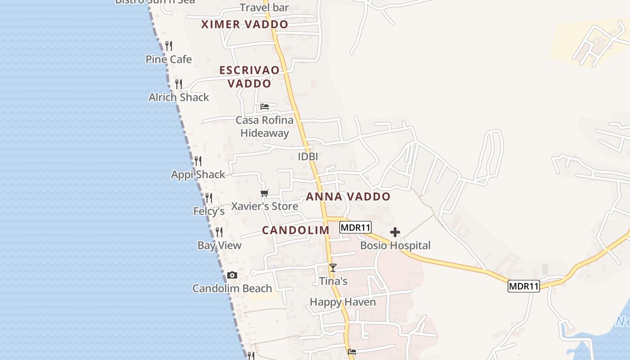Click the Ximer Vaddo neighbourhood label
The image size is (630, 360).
244,24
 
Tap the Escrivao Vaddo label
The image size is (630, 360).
249,76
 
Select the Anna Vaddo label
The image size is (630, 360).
348,197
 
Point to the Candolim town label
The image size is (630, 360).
296,230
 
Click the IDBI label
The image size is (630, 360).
308,157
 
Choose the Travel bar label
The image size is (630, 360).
264,8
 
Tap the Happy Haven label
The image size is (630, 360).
342,302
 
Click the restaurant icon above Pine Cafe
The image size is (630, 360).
169,45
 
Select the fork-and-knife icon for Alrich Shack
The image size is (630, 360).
179,84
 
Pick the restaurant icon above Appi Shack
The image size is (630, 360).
198,161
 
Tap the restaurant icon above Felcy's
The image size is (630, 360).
209,198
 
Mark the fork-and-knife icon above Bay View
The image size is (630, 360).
219,232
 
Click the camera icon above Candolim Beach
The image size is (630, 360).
232,275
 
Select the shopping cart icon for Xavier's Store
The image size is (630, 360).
265,193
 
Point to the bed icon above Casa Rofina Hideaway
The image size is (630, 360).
265,107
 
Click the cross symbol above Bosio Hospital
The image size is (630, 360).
395,232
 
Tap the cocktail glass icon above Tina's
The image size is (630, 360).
333,268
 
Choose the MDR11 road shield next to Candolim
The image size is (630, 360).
355,227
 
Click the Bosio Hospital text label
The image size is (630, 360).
395,246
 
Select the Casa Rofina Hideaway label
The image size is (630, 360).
265,126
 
